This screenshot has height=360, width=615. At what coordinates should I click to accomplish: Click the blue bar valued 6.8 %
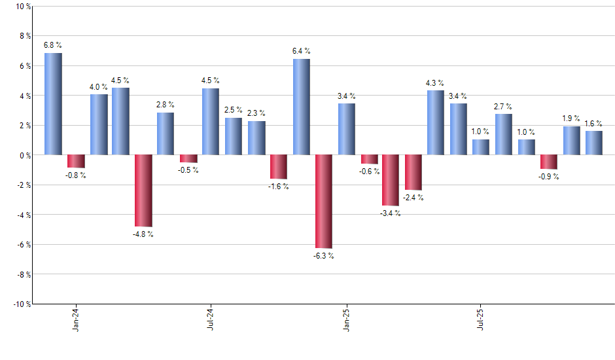pyautogui.click(x=53, y=104)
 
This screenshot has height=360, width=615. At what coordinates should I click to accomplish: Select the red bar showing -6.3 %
pyautogui.click(x=323, y=202)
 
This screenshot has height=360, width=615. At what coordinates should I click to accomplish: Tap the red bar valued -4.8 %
pyautogui.click(x=143, y=190)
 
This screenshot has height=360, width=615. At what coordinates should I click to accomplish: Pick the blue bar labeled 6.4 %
pyautogui.click(x=301, y=107)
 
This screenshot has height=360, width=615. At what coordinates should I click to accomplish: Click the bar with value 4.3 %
pyautogui.click(x=436, y=123)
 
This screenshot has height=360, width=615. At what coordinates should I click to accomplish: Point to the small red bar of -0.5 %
pyautogui.click(x=188, y=158)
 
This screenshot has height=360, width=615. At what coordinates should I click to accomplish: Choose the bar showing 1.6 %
pyautogui.click(x=594, y=143)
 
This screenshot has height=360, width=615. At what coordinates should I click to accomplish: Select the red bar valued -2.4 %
pyautogui.click(x=413, y=172)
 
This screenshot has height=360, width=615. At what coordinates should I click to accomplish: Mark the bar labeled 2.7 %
pyautogui.click(x=503, y=135)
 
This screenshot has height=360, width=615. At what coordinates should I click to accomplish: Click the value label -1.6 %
pyautogui.click(x=279, y=187)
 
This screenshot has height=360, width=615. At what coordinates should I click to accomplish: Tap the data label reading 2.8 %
pyautogui.click(x=166, y=105)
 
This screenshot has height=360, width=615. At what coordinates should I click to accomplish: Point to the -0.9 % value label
pyautogui.click(x=548, y=177)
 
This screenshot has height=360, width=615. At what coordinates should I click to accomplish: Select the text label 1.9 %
pyautogui.click(x=572, y=118)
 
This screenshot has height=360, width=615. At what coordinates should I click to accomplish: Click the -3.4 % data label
pyautogui.click(x=391, y=213)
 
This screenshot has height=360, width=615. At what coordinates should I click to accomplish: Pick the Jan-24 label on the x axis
pyautogui.click(x=76, y=319)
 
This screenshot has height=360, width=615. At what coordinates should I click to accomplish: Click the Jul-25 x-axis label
pyautogui.click(x=481, y=319)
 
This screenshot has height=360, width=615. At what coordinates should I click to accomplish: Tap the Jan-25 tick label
pyautogui.click(x=346, y=319)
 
